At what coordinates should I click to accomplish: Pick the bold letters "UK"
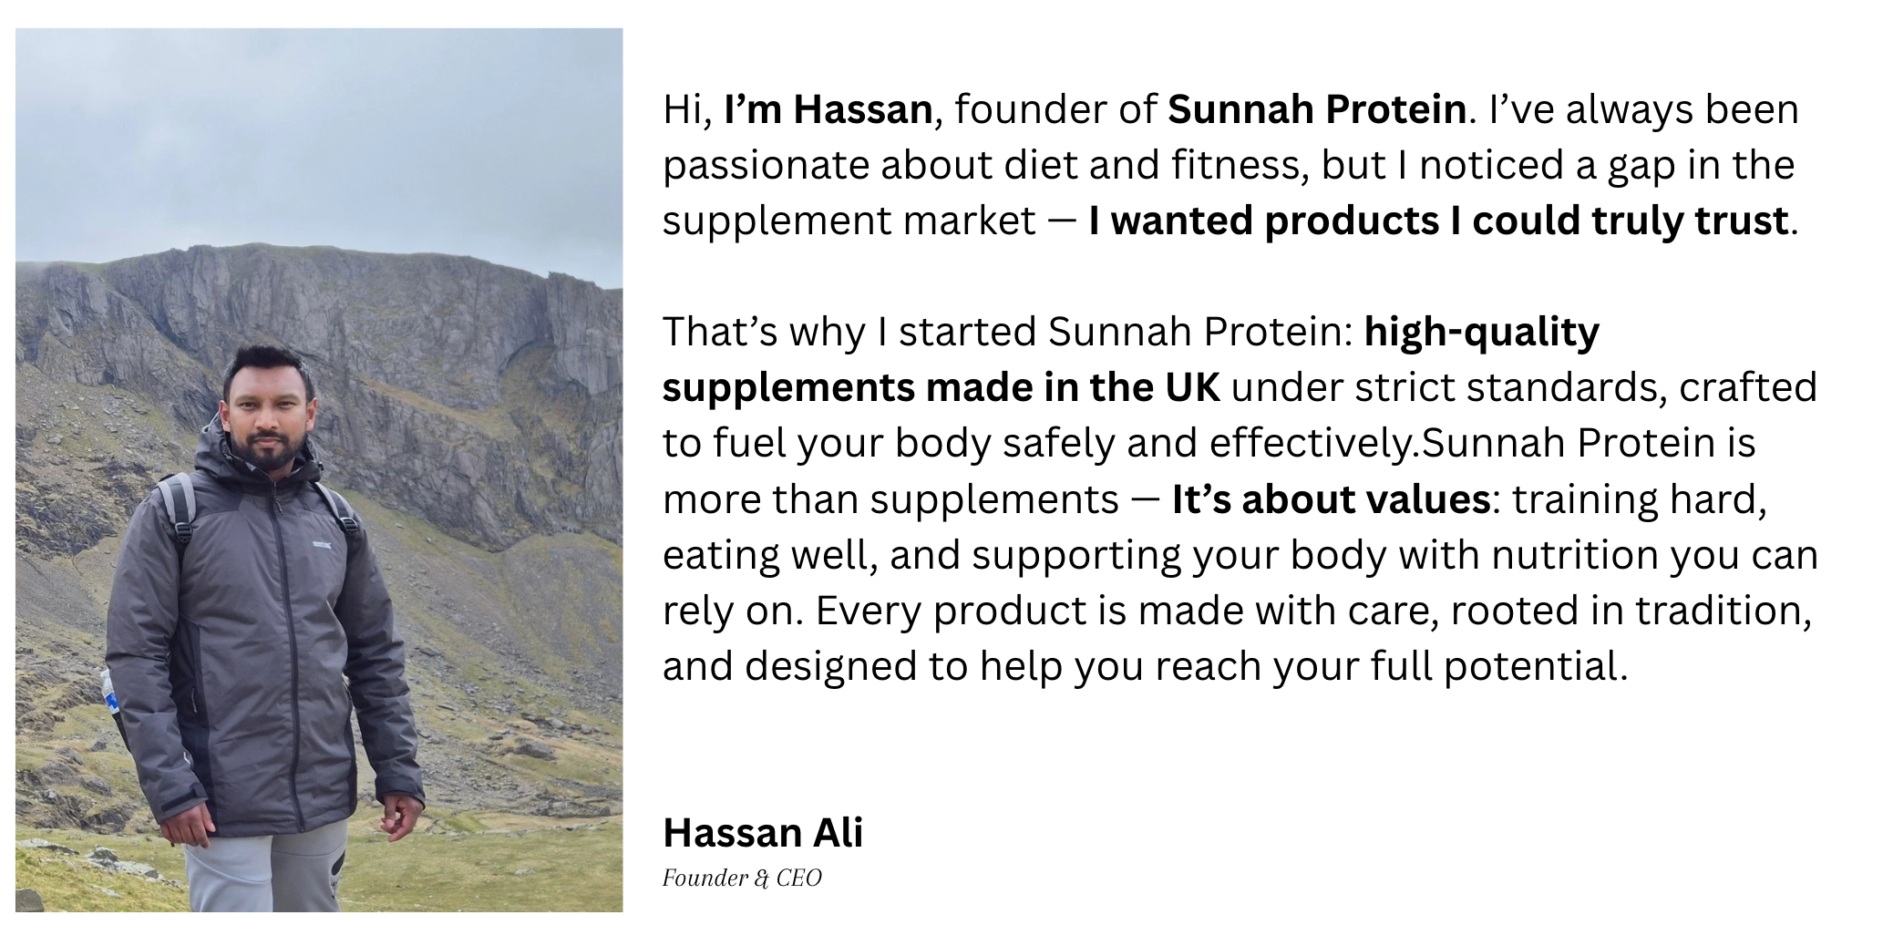[x=1191, y=387]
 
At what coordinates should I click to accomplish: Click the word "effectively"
[x=1310, y=443]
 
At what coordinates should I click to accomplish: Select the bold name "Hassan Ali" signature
[x=763, y=832]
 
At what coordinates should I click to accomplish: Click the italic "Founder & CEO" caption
[x=742, y=878]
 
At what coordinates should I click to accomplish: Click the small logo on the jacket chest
[x=323, y=545]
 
